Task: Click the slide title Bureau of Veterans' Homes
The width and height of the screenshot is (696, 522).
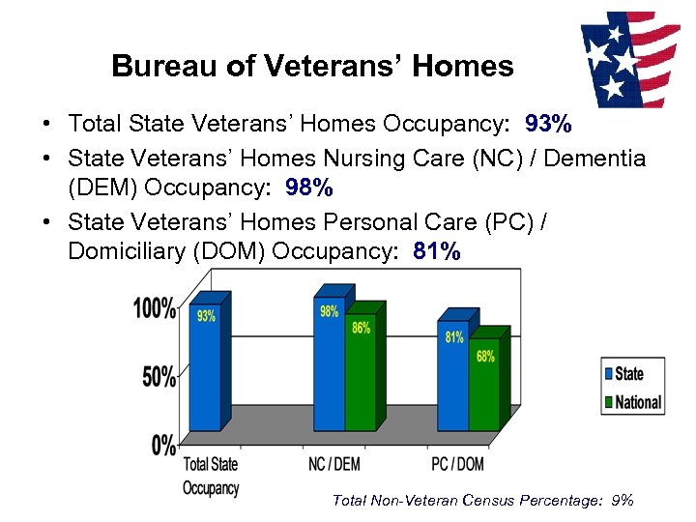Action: click(312, 66)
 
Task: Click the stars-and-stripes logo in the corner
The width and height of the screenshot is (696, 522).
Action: click(629, 59)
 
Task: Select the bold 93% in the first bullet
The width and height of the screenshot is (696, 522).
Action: click(548, 124)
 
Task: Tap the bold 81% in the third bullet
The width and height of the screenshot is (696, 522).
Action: click(437, 251)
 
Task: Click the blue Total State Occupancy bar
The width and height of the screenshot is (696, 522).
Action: click(205, 367)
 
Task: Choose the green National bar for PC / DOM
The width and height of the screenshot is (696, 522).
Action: click(484, 387)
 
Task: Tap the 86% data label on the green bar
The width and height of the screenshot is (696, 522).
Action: click(361, 328)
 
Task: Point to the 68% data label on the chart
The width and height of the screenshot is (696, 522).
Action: click(484, 356)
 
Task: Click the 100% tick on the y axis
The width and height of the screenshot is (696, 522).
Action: click(155, 308)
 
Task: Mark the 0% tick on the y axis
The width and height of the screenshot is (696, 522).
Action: click(164, 445)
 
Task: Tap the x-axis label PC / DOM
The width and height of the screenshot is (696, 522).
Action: click(457, 465)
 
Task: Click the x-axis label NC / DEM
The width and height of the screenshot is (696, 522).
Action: click(333, 465)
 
